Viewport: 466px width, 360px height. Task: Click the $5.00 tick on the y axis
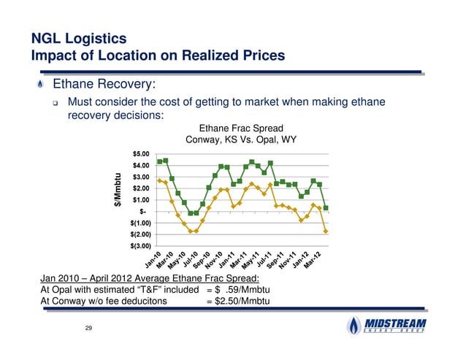[x=141, y=154]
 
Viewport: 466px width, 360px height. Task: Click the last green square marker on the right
[x=325, y=208]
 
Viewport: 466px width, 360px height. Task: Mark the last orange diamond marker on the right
[x=325, y=231]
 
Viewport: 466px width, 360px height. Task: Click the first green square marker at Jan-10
[x=159, y=161]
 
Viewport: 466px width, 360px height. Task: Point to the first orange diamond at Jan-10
[x=159, y=180]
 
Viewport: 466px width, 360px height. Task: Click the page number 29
[x=88, y=332]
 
